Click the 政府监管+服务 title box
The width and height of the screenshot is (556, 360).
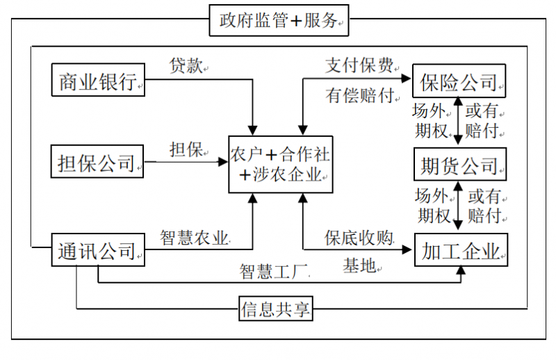click(279, 21)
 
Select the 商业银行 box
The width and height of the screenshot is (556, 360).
click(98, 81)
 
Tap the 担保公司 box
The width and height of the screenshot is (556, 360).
click(98, 163)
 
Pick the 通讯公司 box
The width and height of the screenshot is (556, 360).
click(98, 249)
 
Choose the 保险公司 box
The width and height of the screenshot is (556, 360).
click(459, 81)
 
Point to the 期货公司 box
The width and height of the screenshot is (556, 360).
click(459, 165)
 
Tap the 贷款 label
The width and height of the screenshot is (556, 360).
click(186, 66)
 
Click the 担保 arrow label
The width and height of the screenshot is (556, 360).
click(186, 149)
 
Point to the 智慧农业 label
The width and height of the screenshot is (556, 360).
click(195, 238)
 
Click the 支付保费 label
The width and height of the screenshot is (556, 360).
click(359, 66)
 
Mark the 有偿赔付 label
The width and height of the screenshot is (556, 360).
click(359, 96)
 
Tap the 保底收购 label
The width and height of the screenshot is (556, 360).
click(359, 238)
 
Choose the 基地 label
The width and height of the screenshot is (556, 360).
click(359, 265)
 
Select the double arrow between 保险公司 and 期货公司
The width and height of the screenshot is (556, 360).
click(458, 122)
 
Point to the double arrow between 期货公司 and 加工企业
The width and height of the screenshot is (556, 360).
click(458, 206)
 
